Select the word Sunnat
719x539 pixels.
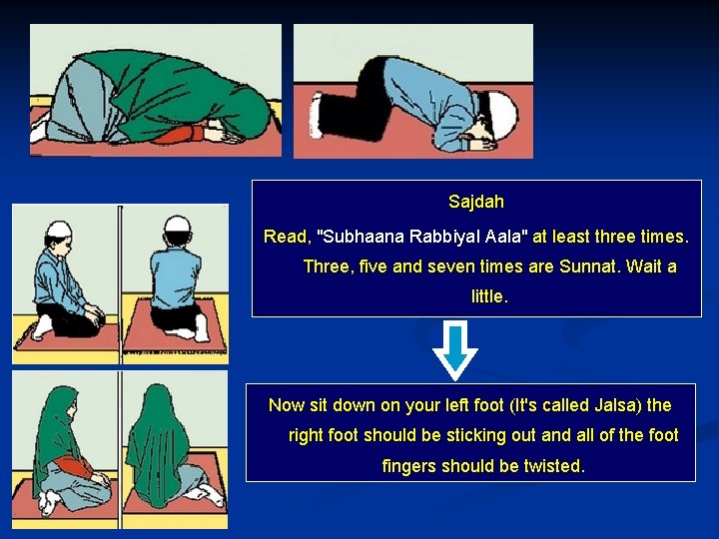tap(589, 267)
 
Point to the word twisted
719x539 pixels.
tap(554, 466)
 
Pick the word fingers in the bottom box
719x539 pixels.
tap(409, 466)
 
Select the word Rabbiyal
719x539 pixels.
tap(435, 238)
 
